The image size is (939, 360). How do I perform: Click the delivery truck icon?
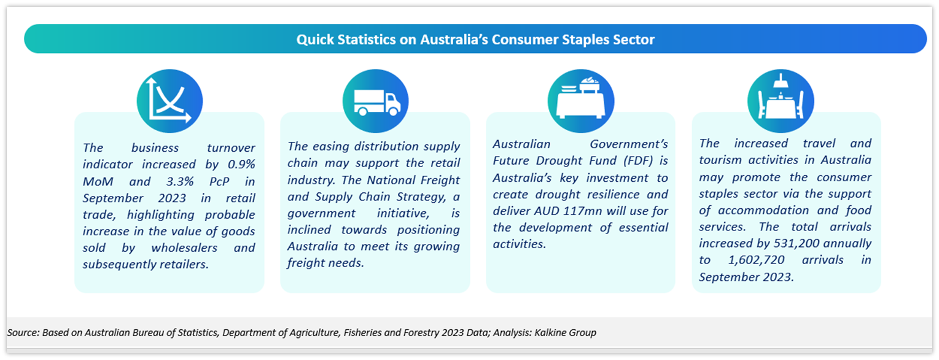[x=377, y=103]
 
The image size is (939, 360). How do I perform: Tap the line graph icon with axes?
[x=168, y=100]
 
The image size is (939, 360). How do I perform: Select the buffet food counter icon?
[x=580, y=97]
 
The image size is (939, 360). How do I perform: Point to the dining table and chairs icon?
[x=781, y=96]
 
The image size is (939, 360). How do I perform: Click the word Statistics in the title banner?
[x=367, y=39]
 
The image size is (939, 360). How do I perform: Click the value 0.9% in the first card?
[x=241, y=164]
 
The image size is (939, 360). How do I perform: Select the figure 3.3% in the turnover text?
[x=180, y=181]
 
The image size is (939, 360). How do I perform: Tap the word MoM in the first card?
[x=98, y=181]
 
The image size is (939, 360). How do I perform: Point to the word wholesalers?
[x=184, y=248]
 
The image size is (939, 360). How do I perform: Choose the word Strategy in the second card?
[x=421, y=197]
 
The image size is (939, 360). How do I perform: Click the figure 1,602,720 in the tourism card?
[x=756, y=260]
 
